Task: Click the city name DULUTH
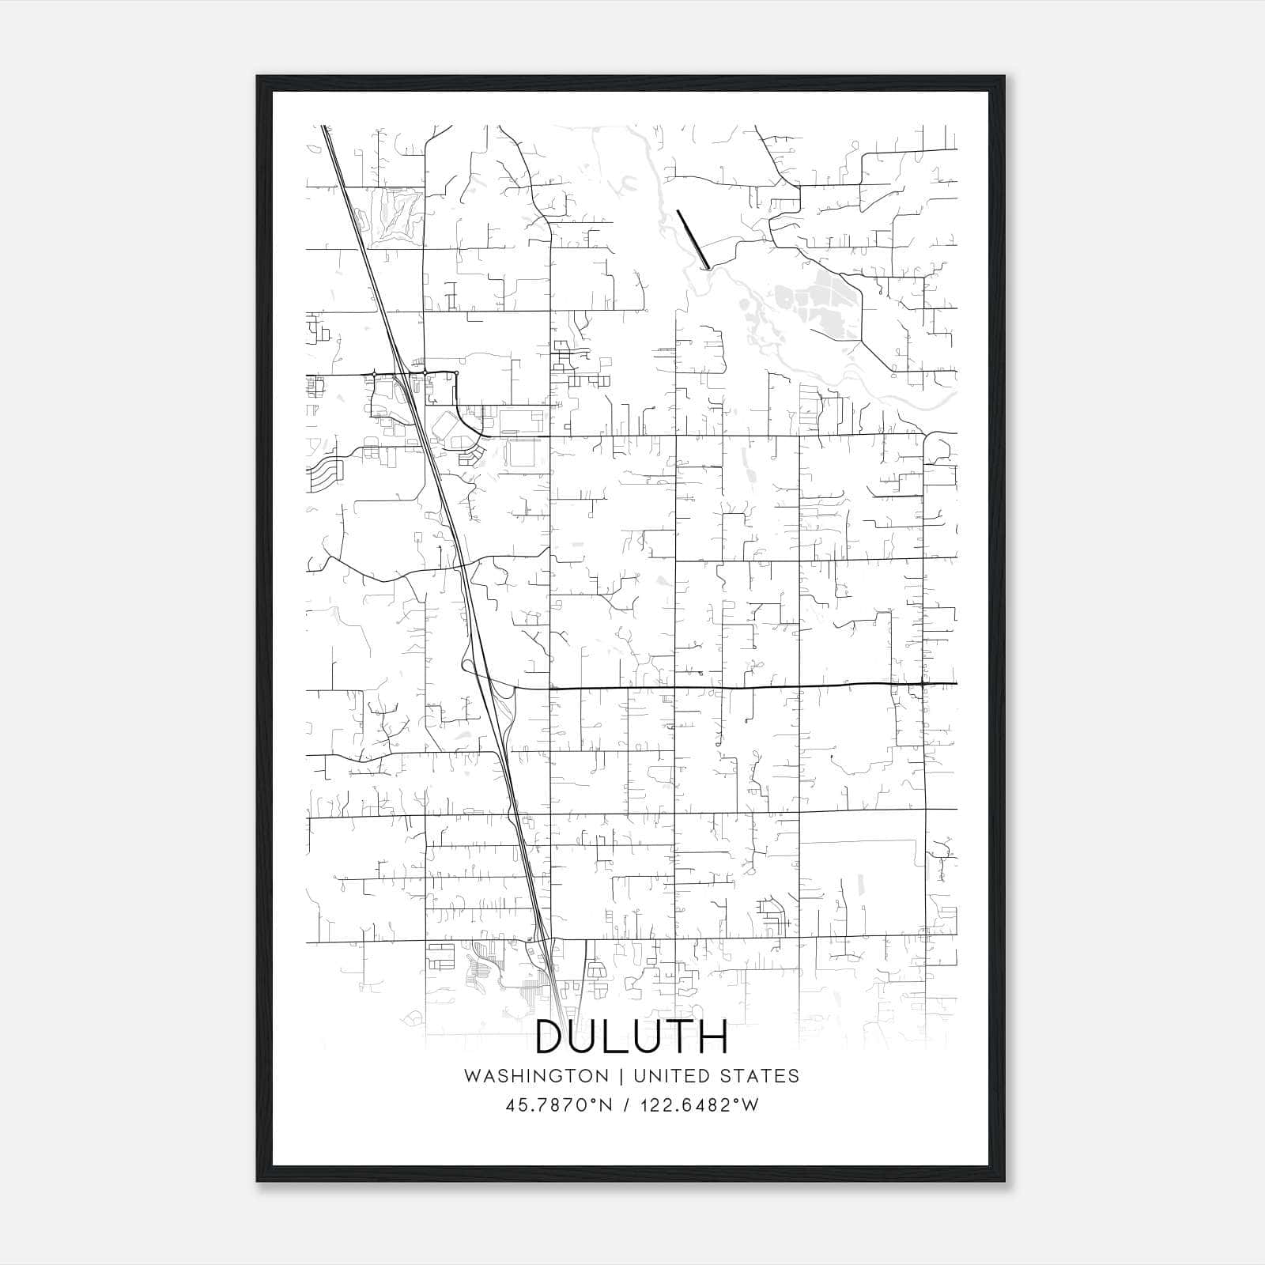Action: (632, 1037)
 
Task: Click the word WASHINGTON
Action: (537, 1076)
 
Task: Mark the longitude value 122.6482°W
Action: (699, 1105)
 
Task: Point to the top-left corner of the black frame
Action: (258, 77)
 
